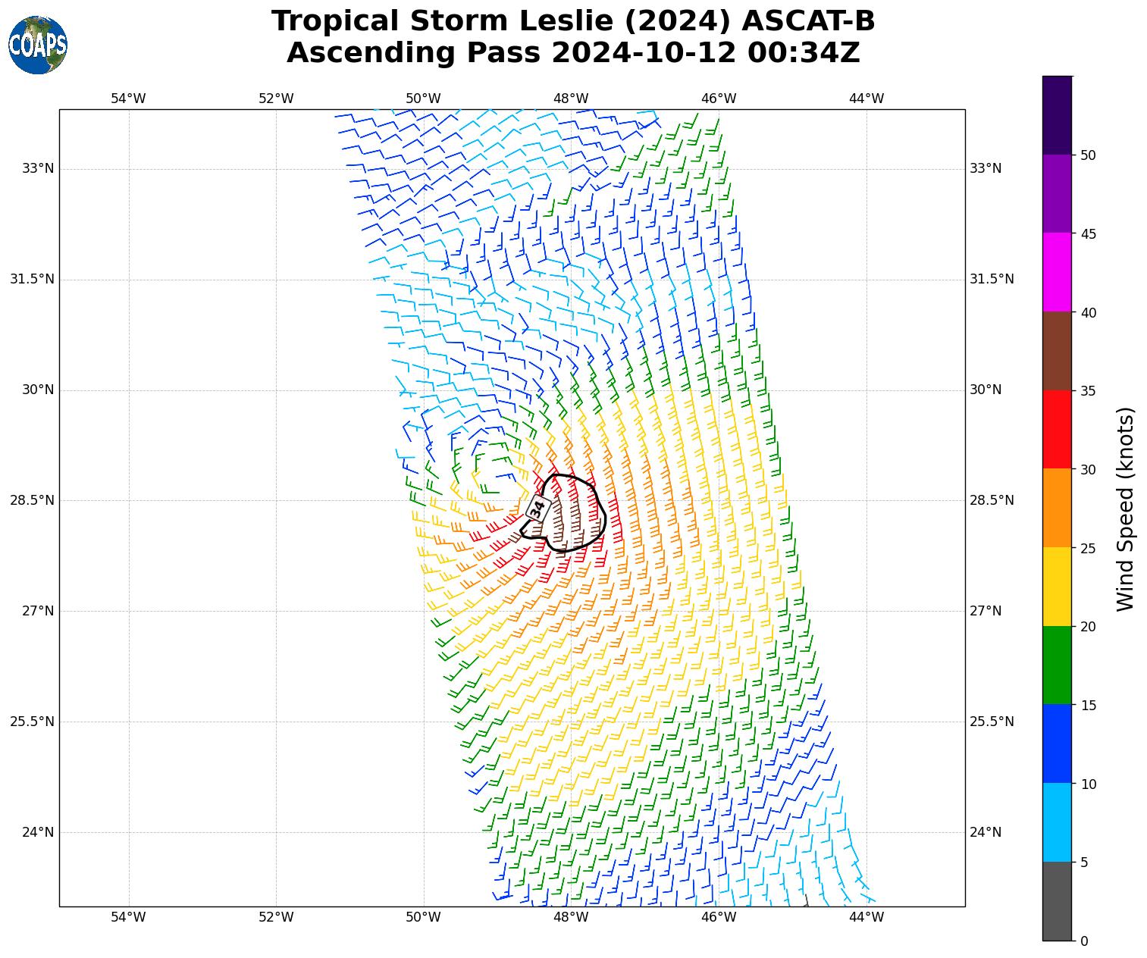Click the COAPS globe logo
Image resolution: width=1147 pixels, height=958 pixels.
[38, 45]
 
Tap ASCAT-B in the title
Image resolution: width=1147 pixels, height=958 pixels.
[808, 21]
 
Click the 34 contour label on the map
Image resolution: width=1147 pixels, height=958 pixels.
[537, 509]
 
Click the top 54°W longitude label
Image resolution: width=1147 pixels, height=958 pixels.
[128, 99]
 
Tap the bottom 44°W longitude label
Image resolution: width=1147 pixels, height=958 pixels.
[866, 918]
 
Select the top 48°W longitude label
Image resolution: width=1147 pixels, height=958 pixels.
[571, 99]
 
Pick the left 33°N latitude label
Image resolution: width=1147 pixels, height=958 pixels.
[38, 168]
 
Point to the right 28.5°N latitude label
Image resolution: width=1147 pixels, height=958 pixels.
[992, 500]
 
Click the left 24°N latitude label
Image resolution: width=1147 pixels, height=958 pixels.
[38, 832]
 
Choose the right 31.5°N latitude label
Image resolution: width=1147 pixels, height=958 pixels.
[992, 279]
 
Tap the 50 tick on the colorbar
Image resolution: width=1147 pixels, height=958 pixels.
[1088, 155]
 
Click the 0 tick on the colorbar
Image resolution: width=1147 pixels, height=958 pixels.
[1084, 941]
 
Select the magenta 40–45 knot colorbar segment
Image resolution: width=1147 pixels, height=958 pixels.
[1058, 272]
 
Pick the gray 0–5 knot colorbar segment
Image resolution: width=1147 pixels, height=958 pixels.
[1058, 901]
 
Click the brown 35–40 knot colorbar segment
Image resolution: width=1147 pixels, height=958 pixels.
[1058, 351]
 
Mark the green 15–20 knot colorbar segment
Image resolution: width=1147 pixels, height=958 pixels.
[1058, 665]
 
